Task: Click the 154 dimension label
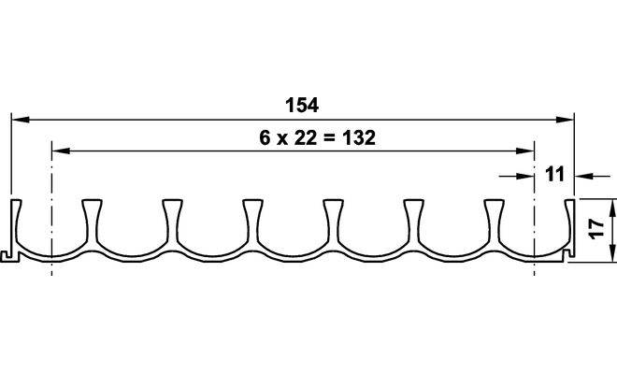coord(302,105)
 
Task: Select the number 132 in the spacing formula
coord(359,137)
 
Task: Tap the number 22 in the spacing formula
coord(306,137)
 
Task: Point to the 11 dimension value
coord(554,174)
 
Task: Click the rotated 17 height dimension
coord(597,229)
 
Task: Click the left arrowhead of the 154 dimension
coord(21,120)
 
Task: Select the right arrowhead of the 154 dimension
coord(565,120)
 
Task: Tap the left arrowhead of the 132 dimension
coord(61,151)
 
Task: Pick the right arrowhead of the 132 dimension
coord(525,151)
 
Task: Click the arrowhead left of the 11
coord(525,177)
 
